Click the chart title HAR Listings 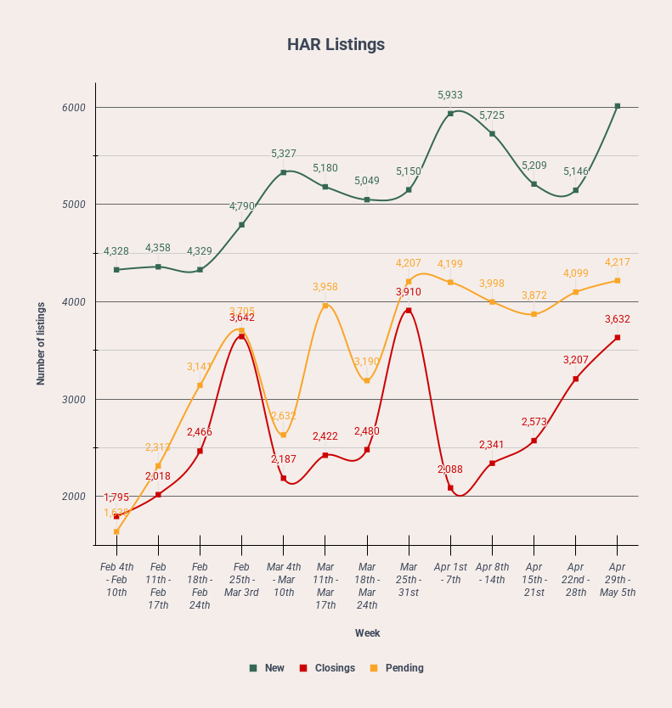tap(336, 44)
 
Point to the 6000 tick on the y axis tap(74, 108)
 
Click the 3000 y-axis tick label tap(74, 400)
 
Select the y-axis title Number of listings tap(41, 343)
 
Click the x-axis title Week tap(367, 633)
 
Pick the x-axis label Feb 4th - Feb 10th tap(116, 579)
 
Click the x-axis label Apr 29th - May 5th tap(618, 579)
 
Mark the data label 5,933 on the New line tap(450, 95)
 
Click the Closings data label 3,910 tap(408, 292)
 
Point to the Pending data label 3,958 tap(325, 288)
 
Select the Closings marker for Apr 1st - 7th tap(450, 488)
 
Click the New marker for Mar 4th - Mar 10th tap(284, 172)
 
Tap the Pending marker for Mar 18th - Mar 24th tap(367, 380)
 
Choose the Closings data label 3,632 tap(618, 319)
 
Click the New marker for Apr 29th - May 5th tap(618, 106)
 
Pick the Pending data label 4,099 tap(576, 273)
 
